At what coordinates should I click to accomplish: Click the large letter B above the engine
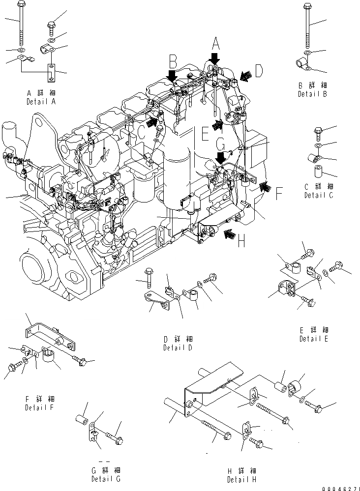172,62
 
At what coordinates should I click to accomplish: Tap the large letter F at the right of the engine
278,193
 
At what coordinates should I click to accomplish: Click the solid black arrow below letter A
214,60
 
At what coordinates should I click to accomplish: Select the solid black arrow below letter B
172,76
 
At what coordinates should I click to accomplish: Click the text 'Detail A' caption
41,101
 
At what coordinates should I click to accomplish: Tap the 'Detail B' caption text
312,94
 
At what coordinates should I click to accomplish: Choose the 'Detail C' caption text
319,195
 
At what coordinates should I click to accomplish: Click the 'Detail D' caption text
178,347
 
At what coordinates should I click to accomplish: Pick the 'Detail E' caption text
314,339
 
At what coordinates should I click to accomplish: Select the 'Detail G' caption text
106,479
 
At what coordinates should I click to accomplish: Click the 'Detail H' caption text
241,479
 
